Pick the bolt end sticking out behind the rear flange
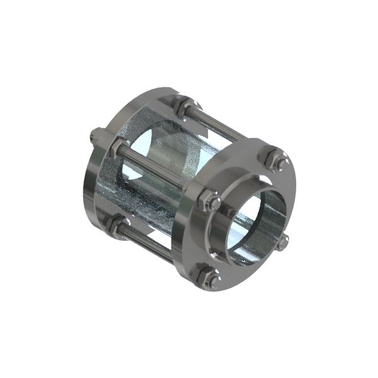pos(96,134)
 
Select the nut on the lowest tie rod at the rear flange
pos(118,223)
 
